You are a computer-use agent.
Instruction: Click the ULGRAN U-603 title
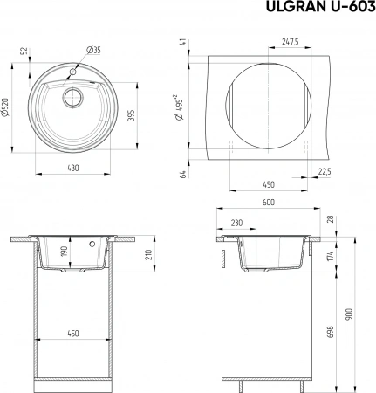coord(321,7)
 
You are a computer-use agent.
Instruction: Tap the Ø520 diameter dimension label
coord(5,107)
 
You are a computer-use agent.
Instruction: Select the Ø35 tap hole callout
coord(93,50)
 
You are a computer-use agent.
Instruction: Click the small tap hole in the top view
coord(72,72)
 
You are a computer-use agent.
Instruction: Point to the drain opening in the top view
coord(73,97)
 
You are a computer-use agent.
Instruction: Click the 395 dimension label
coord(132,115)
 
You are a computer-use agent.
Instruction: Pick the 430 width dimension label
coord(73,168)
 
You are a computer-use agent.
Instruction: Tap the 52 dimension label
coord(24,51)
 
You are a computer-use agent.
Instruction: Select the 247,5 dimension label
coord(290,42)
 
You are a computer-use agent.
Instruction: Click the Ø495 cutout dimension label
coord(179,107)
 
